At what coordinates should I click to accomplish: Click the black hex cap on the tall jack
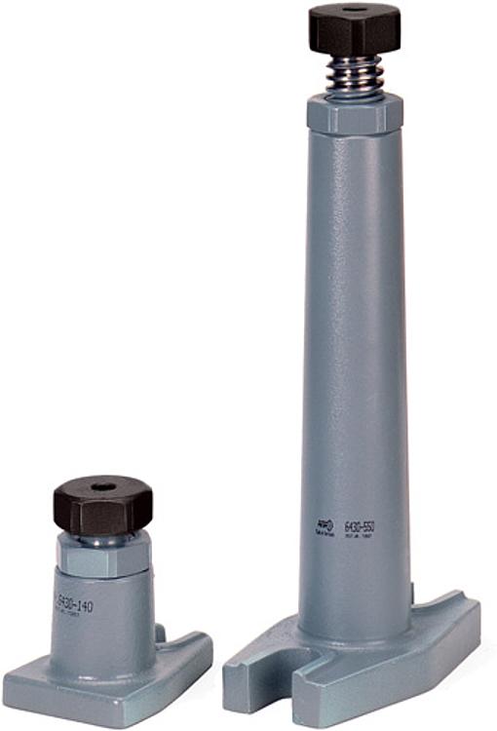(355, 29)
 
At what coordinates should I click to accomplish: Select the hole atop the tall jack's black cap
(356, 10)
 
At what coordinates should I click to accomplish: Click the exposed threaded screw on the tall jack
(355, 72)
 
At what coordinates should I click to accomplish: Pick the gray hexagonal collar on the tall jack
(355, 112)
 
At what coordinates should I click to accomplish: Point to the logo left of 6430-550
(324, 527)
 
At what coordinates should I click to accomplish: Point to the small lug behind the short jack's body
(160, 634)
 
